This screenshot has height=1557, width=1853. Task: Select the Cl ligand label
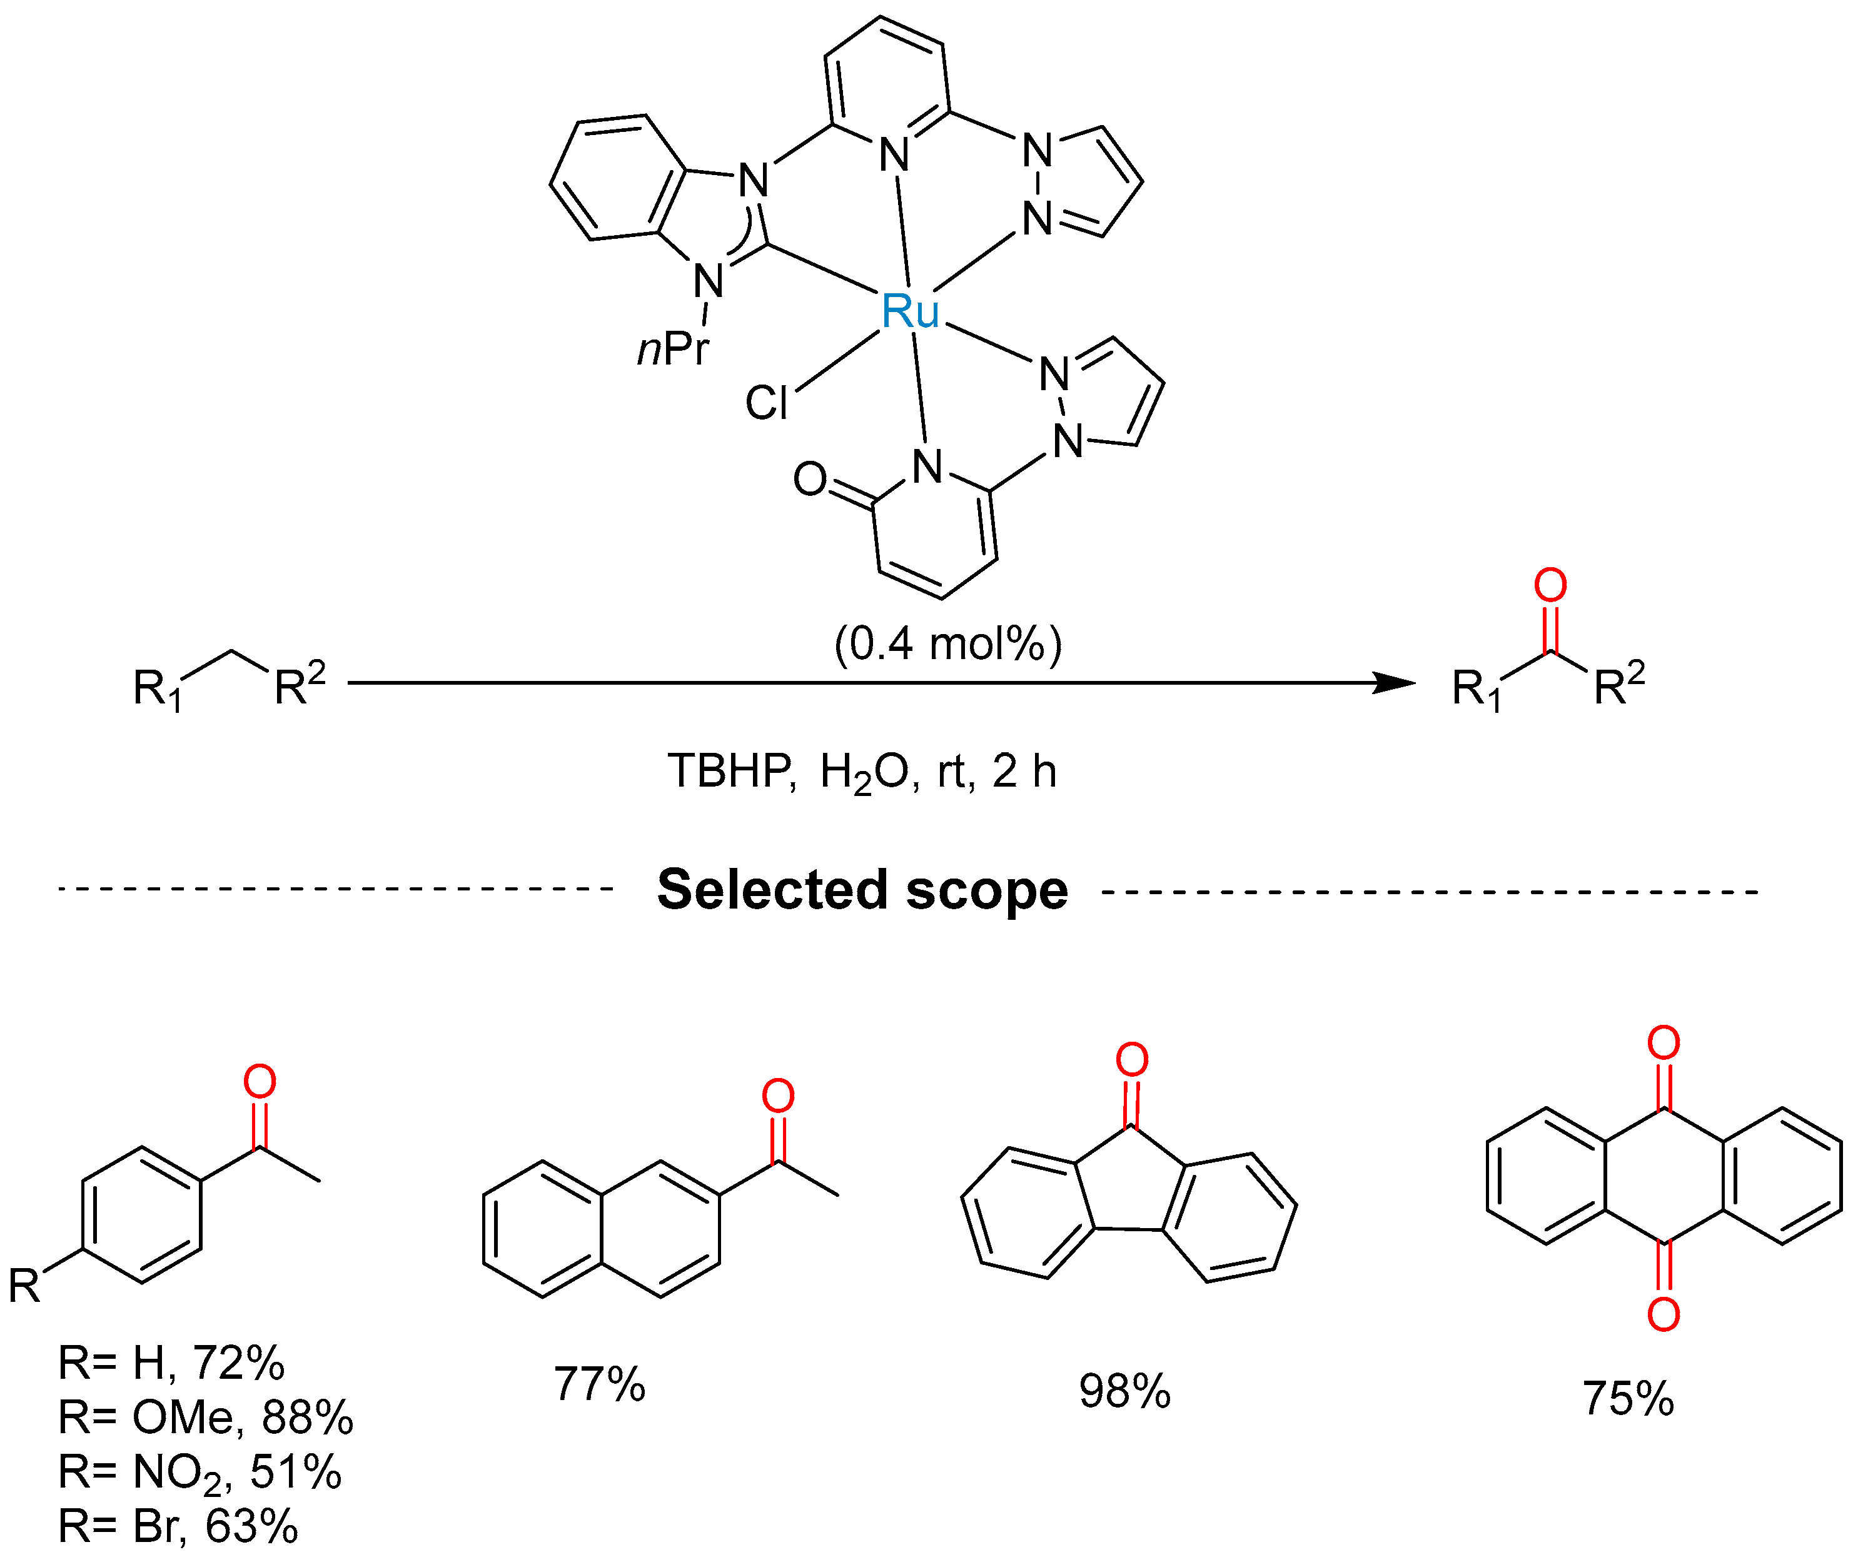tap(765, 403)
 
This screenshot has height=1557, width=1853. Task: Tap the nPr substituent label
tap(673, 350)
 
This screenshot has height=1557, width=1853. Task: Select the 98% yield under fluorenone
tap(1124, 1391)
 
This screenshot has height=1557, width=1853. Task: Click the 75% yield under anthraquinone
tap(1627, 1398)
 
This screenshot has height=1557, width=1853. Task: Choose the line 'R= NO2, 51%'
tap(199, 1472)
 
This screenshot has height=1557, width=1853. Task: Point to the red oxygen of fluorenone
tap(1132, 1059)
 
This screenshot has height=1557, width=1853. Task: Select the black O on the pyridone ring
tap(809, 479)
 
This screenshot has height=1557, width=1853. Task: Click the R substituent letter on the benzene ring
tap(25, 1286)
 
